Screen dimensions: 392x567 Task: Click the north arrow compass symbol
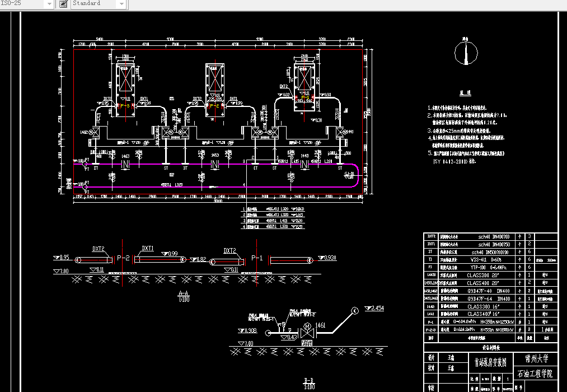(x=465, y=53)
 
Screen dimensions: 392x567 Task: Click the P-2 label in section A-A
(x=124, y=258)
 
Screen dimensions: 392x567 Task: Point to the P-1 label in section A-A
(x=257, y=258)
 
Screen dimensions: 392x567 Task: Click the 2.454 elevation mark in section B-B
(x=375, y=308)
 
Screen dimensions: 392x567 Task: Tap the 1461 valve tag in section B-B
(x=320, y=324)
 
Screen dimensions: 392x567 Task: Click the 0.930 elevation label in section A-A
(x=329, y=258)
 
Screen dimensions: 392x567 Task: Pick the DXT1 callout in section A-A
(x=148, y=248)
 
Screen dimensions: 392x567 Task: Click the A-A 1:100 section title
(x=182, y=296)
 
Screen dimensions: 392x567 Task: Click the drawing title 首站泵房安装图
(x=490, y=362)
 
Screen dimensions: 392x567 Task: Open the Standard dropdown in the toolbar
(x=99, y=4)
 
